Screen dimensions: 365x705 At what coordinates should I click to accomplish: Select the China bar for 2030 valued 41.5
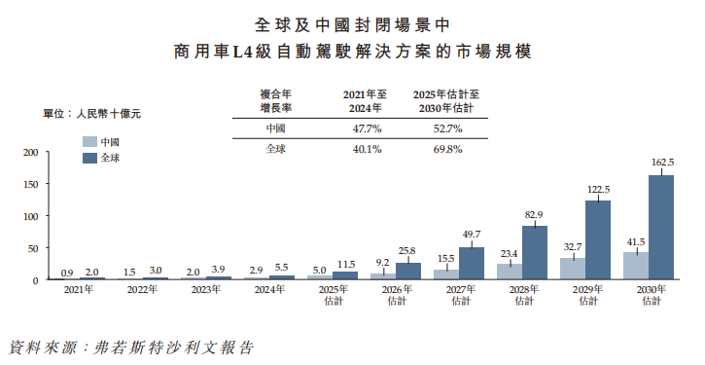pos(636,266)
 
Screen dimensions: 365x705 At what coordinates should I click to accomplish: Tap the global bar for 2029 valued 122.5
pos(598,240)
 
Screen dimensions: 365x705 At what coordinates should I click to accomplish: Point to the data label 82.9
pos(534,213)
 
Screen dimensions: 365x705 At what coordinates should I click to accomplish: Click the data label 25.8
pos(408,250)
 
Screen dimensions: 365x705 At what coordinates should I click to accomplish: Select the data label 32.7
pos(573,246)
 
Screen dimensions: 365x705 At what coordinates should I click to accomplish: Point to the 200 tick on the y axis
pos(29,152)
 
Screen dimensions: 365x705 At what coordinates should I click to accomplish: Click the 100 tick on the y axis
pos(29,216)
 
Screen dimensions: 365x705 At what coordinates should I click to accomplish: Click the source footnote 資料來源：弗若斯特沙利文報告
pos(130,346)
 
